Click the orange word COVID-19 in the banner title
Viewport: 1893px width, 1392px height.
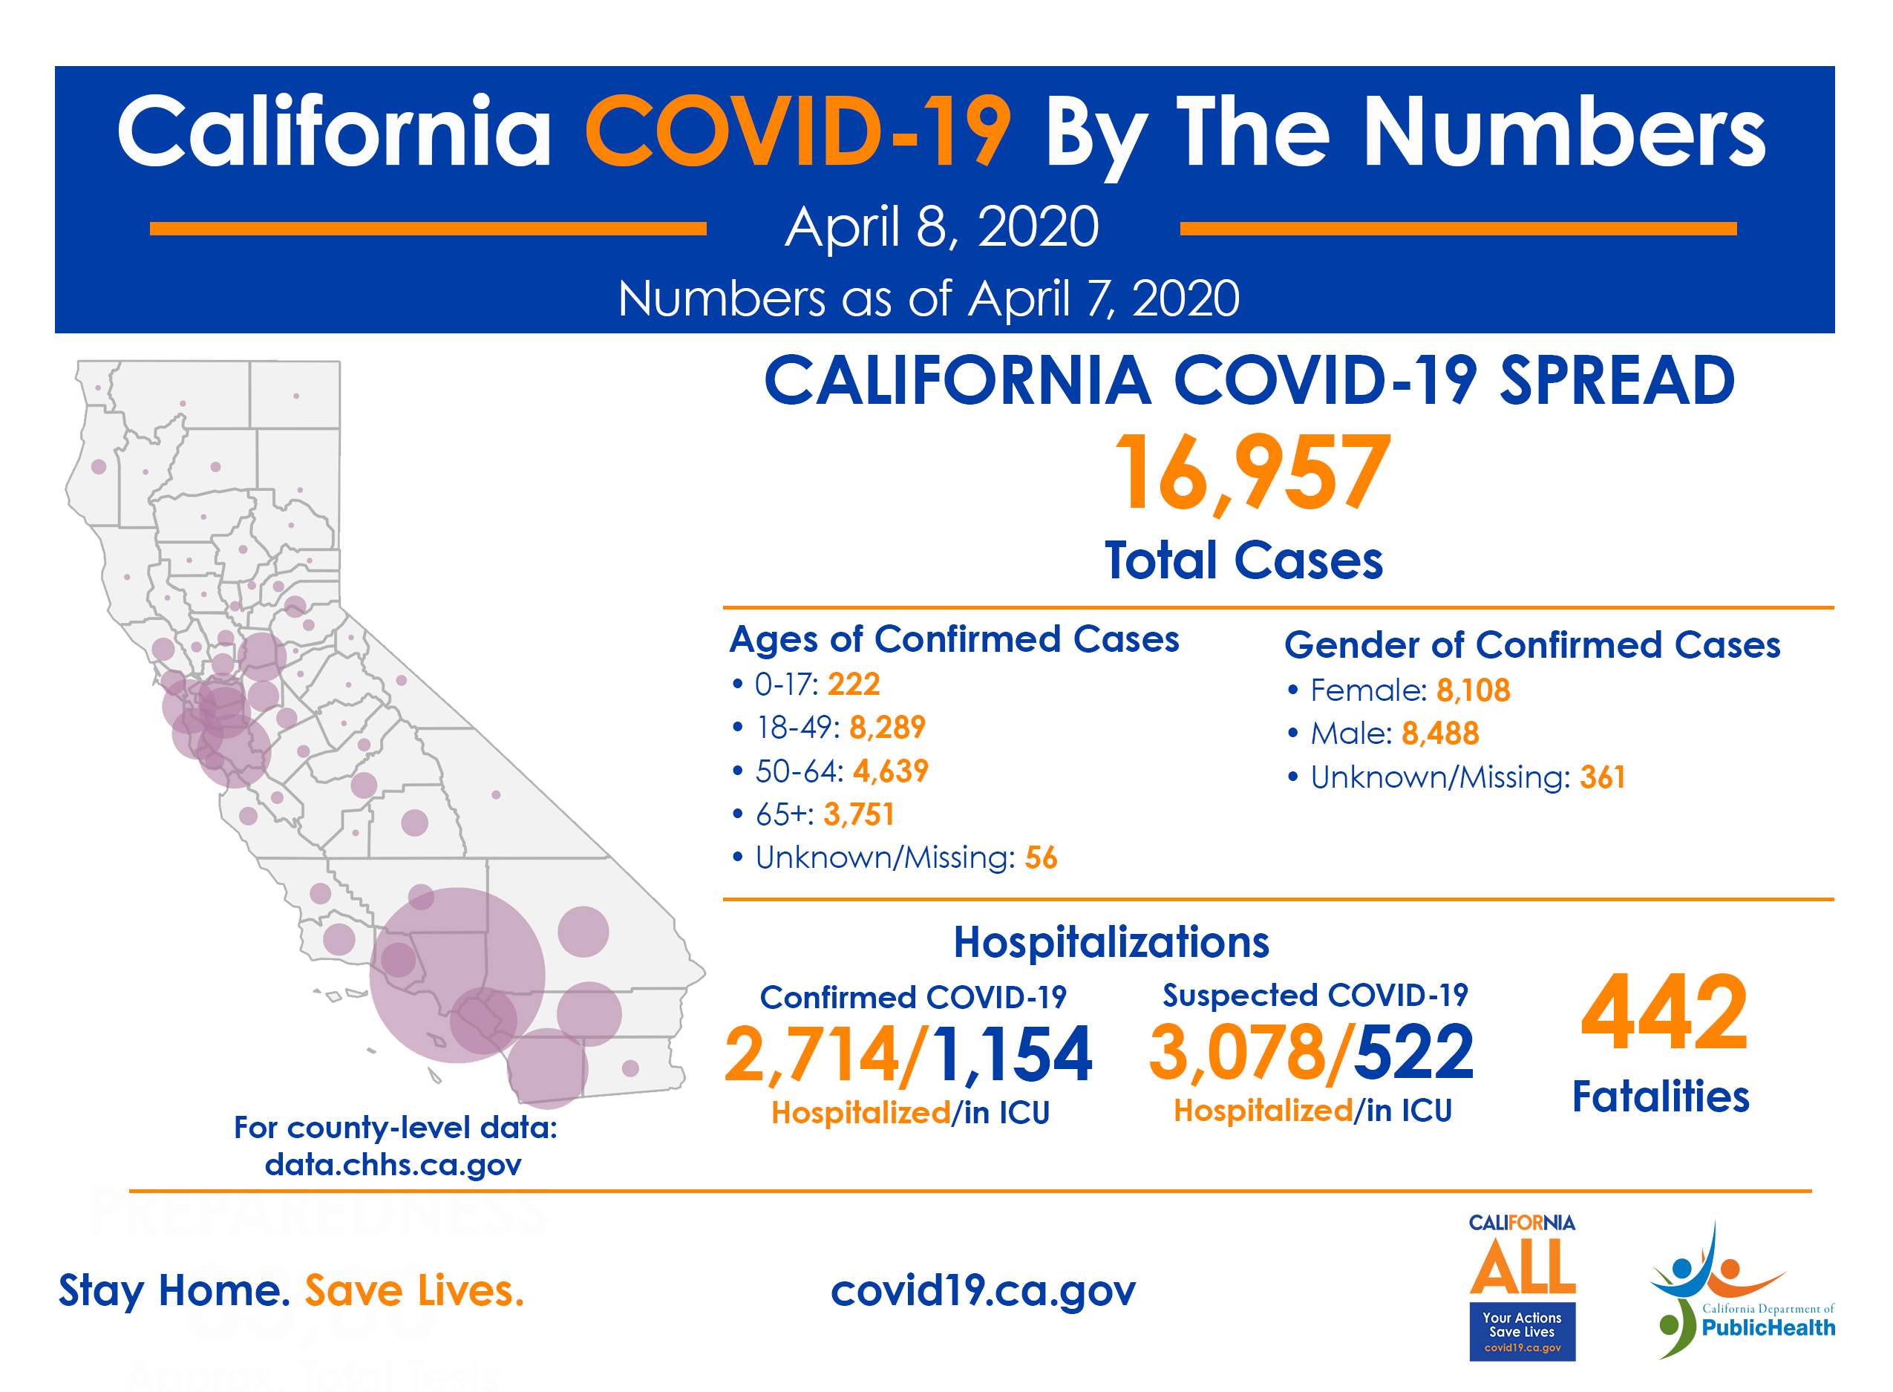click(x=796, y=132)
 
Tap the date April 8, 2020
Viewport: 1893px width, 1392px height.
click(x=941, y=226)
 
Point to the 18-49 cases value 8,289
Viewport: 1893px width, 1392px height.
click(x=886, y=727)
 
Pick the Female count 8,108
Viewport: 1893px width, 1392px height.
click(x=1472, y=690)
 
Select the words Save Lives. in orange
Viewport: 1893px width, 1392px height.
click(x=413, y=1290)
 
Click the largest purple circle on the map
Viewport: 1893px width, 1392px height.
click(x=457, y=975)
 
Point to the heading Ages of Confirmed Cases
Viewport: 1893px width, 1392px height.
click(x=953, y=638)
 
